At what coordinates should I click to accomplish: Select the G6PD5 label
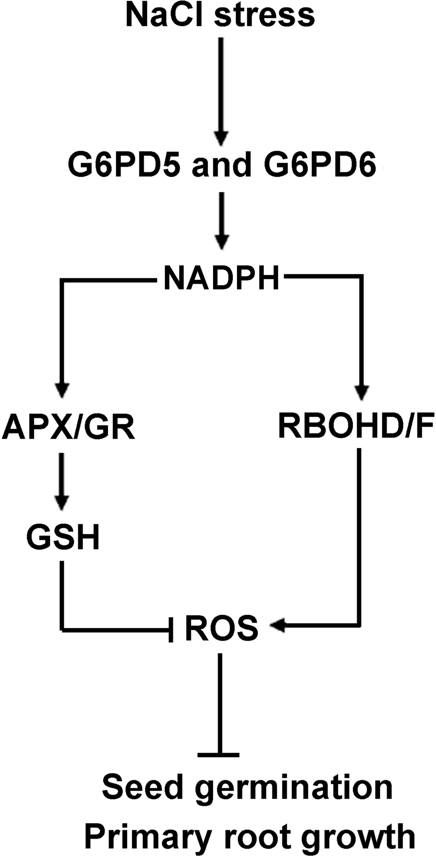tap(124, 165)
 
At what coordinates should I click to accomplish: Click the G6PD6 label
tap(320, 165)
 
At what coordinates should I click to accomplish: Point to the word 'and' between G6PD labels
tap(222, 165)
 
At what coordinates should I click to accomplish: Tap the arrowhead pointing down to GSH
tap(62, 502)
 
